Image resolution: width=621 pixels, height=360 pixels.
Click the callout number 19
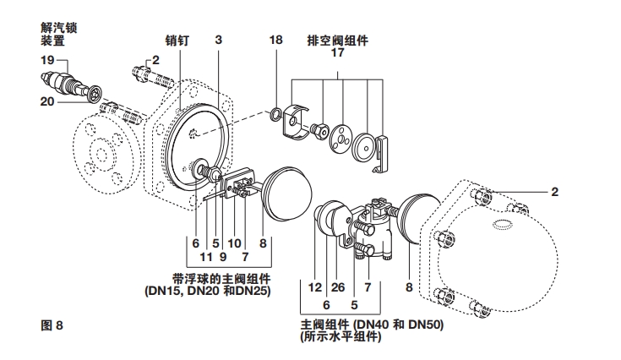pos(47,61)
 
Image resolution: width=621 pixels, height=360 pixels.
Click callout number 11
pos(204,255)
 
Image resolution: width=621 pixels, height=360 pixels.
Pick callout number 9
pos(223,255)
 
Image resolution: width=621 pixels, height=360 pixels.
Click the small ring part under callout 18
pos(276,113)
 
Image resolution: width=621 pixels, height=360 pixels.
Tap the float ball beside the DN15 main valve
pos(287,192)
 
